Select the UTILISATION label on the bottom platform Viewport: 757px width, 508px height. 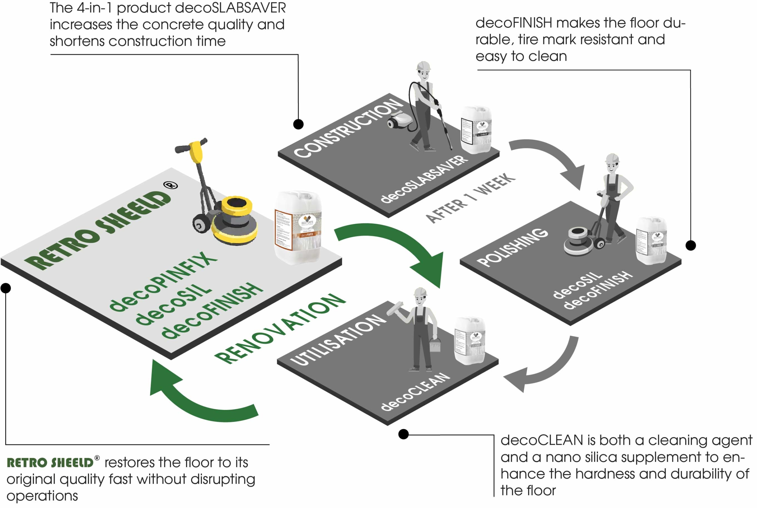click(338, 340)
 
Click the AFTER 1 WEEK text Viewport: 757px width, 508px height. click(470, 198)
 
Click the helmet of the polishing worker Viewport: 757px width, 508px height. click(612, 158)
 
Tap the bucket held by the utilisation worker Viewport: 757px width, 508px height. click(435, 345)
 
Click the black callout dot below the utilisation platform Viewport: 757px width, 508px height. click(403, 434)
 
